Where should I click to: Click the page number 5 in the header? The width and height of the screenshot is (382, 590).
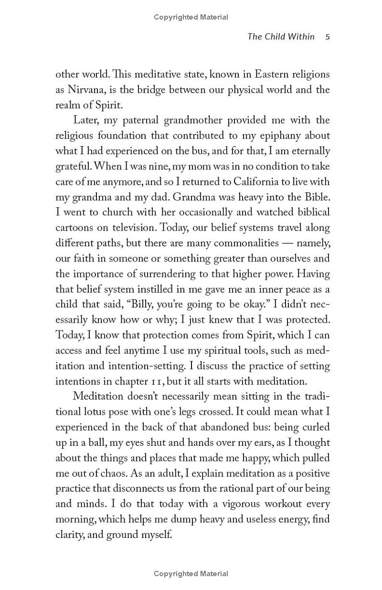(327, 37)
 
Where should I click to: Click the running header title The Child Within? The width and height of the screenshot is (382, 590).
(281, 37)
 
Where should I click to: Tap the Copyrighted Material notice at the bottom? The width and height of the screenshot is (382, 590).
(191, 574)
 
